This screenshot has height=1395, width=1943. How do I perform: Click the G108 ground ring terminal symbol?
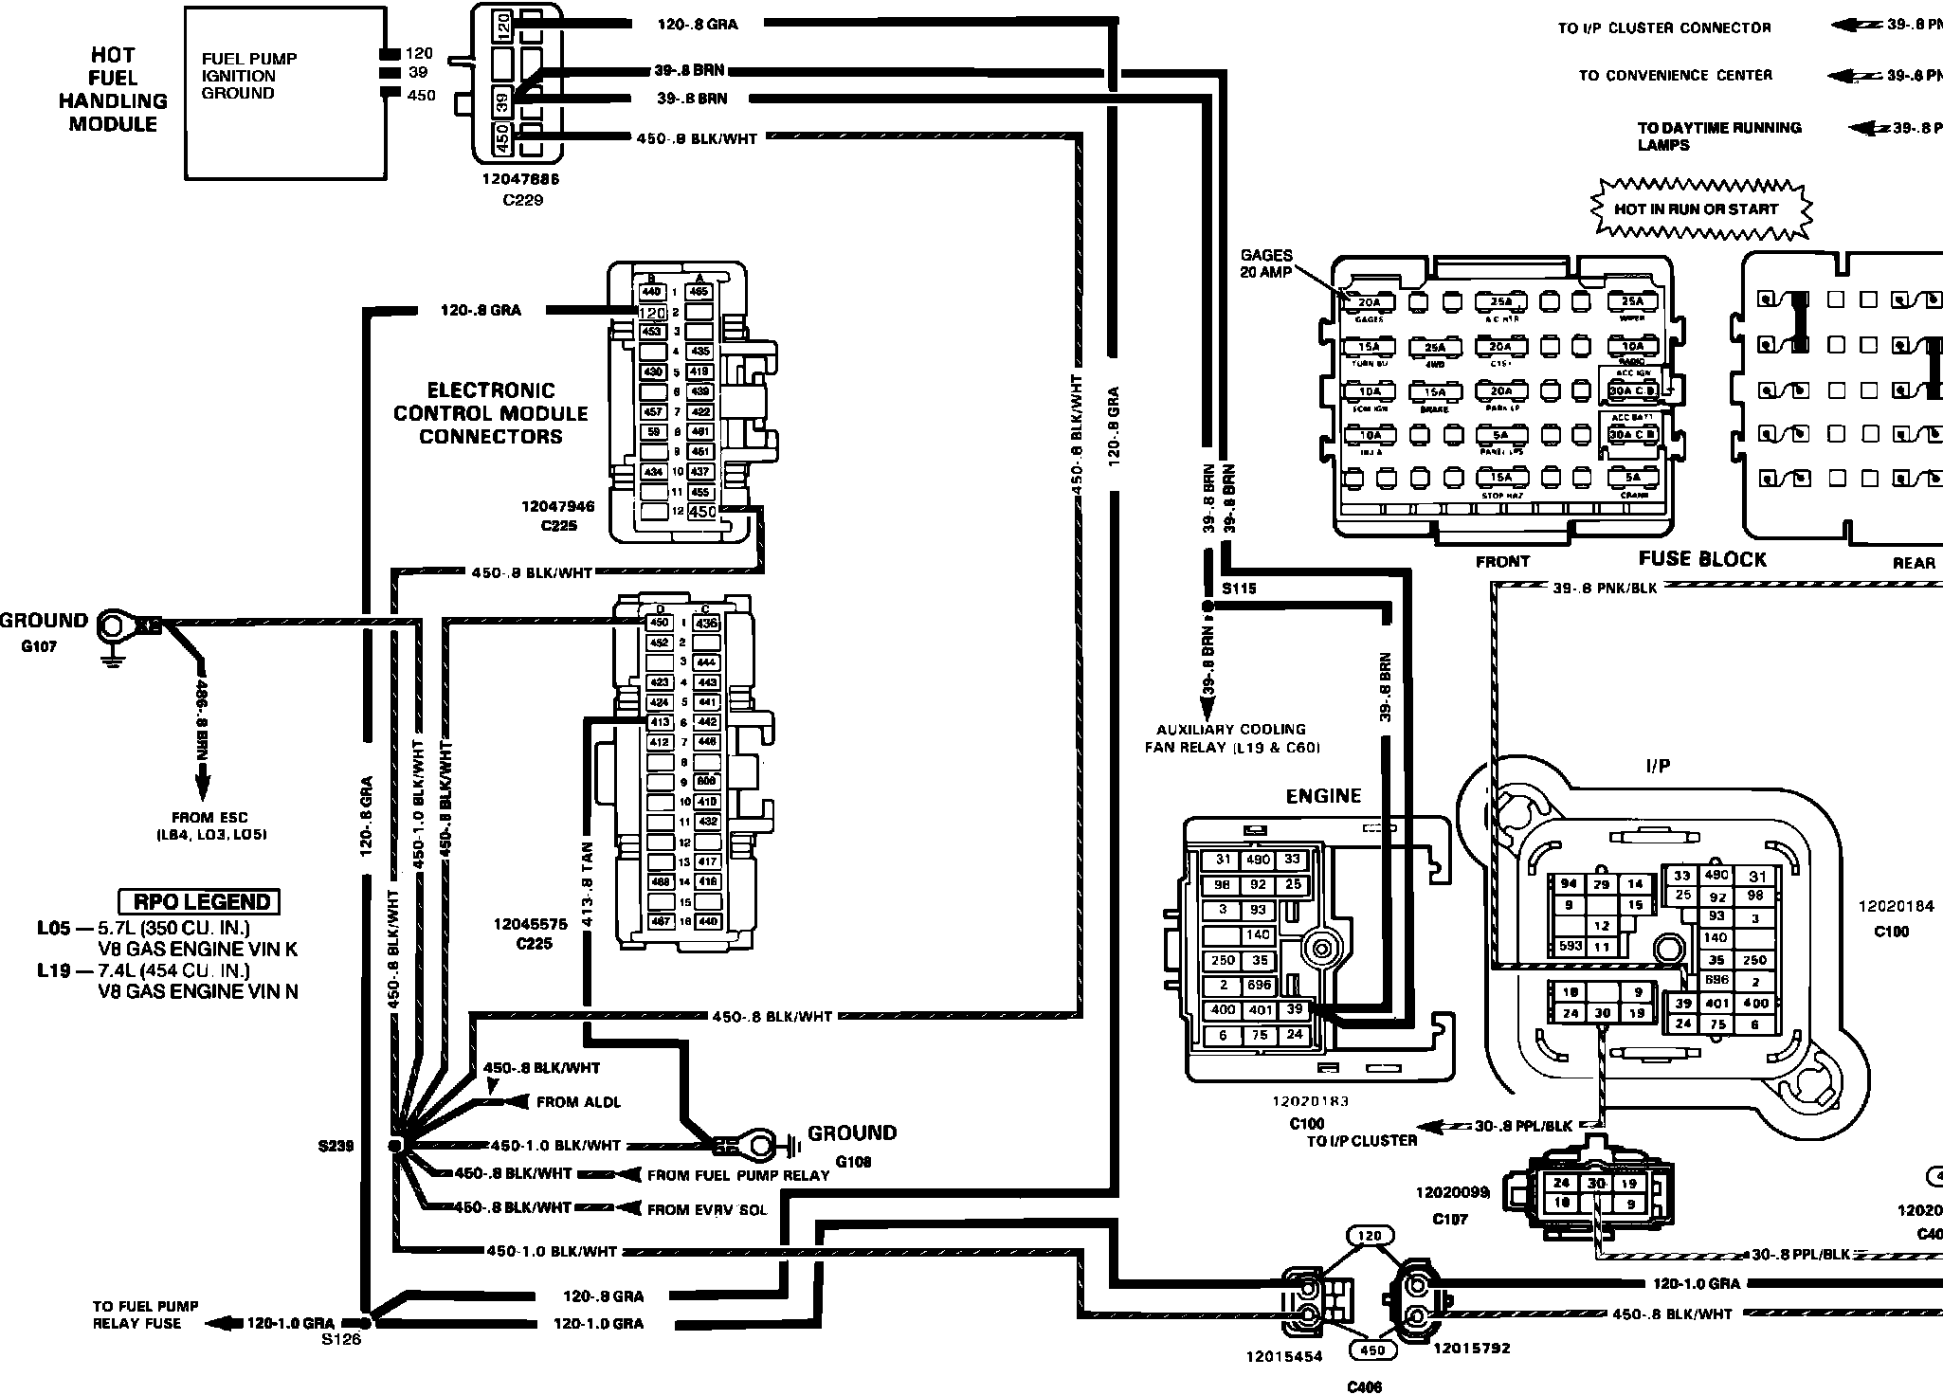point(758,1145)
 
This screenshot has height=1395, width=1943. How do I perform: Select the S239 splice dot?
point(396,1145)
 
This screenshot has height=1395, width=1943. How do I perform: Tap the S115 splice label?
point(1239,589)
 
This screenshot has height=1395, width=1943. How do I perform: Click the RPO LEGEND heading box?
point(200,901)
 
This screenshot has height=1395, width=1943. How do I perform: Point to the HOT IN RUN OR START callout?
point(1697,208)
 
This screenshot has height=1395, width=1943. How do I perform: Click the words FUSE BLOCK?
point(1702,559)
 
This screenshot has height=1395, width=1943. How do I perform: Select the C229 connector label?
point(522,201)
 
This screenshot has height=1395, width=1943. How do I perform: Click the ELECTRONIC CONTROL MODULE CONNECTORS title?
point(491,413)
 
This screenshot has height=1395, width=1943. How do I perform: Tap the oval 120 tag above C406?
point(1370,1236)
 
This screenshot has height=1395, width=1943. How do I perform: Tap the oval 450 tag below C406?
point(1372,1350)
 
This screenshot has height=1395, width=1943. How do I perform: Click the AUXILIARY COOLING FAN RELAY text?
point(1231,738)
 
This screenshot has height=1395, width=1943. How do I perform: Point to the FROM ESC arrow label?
point(211,825)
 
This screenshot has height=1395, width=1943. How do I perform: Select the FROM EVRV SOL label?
point(706,1209)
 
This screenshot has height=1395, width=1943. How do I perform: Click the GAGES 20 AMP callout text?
point(1266,263)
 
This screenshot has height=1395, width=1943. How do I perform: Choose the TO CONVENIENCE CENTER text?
point(1675,75)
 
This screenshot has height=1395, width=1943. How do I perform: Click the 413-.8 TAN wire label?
point(588,883)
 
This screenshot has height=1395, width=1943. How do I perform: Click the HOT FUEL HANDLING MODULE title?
point(113,89)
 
